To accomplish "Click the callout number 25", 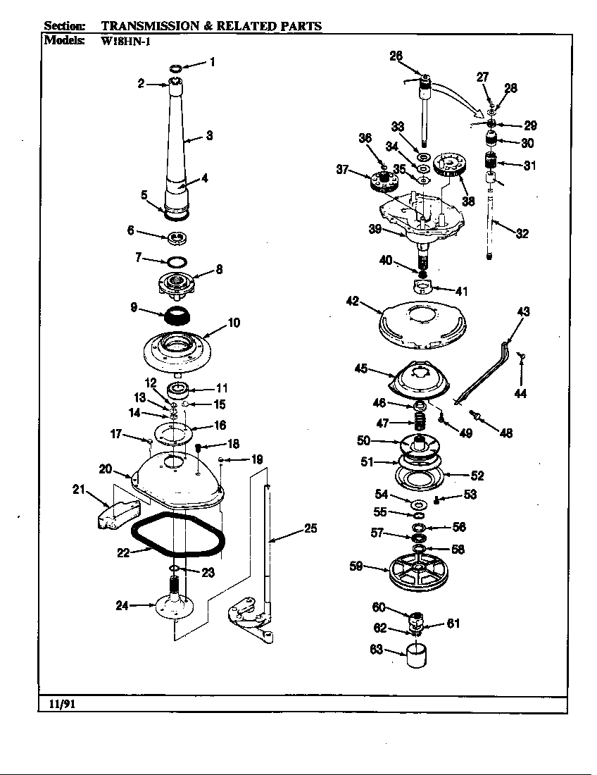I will point(310,528).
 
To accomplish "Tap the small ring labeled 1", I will point(177,68).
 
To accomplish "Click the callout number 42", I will point(353,301).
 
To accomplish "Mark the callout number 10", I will point(234,323).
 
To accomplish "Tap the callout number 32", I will point(522,234).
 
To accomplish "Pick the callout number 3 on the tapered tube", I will point(209,136).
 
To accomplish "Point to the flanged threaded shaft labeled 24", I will point(173,603).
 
